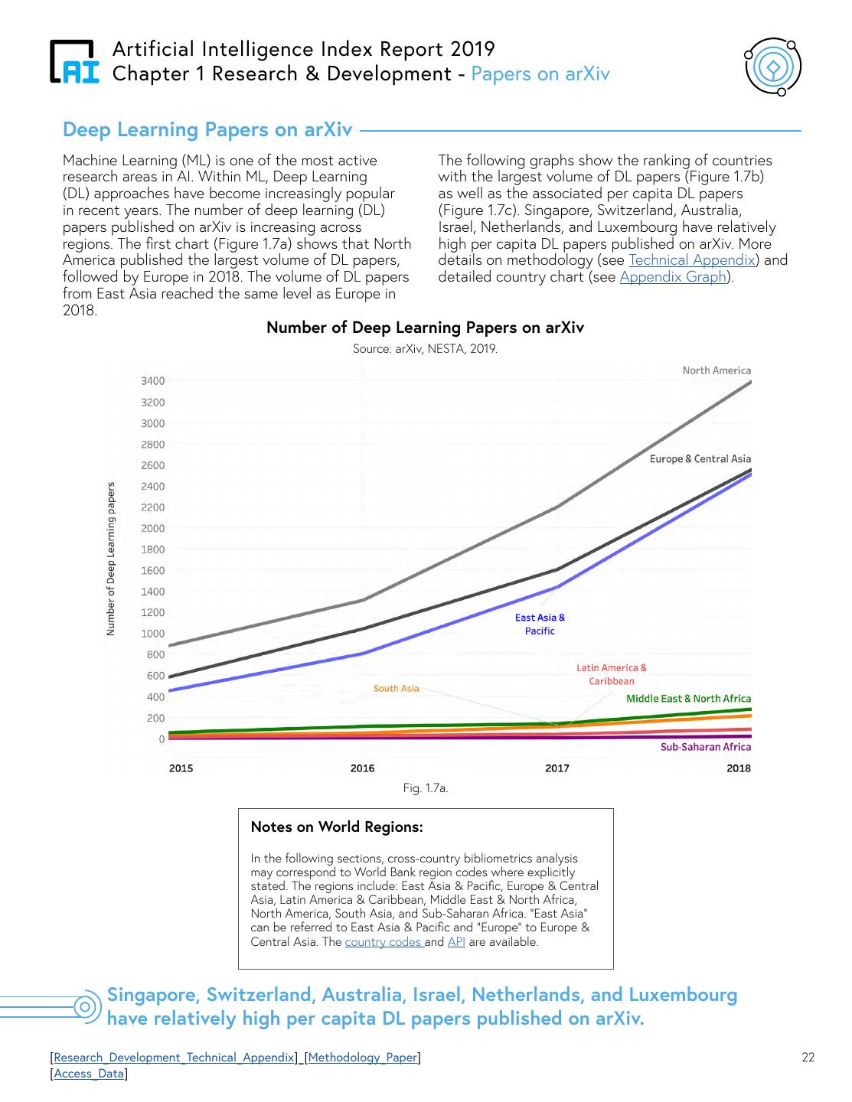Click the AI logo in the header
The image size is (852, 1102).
pyautogui.click(x=74, y=61)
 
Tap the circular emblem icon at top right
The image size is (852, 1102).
pyautogui.click(x=772, y=67)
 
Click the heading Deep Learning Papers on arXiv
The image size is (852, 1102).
pyautogui.click(x=207, y=129)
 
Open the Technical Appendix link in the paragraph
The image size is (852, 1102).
pyautogui.click(x=691, y=260)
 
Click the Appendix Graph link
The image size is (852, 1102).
pyautogui.click(x=673, y=277)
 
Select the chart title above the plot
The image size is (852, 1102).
pyautogui.click(x=425, y=328)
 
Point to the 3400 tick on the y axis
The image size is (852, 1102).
pyautogui.click(x=152, y=381)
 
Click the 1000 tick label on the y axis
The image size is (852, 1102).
pyautogui.click(x=152, y=634)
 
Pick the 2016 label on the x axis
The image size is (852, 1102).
pyautogui.click(x=363, y=768)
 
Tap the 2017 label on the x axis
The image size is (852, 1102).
pyautogui.click(x=557, y=768)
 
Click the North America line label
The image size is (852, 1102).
pyautogui.click(x=717, y=370)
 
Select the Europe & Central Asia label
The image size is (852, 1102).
pyautogui.click(x=700, y=459)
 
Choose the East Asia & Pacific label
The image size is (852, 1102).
pyautogui.click(x=540, y=624)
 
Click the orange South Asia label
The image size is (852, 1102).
pyautogui.click(x=396, y=689)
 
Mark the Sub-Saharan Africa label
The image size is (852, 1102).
pyautogui.click(x=705, y=747)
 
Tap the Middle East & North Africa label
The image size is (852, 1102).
pyautogui.click(x=688, y=699)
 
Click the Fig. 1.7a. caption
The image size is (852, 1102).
pyautogui.click(x=425, y=787)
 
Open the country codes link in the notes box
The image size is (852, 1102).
pyautogui.click(x=384, y=942)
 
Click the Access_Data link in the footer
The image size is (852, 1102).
pyautogui.click(x=89, y=1074)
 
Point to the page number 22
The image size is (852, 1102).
pyautogui.click(x=808, y=1058)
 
